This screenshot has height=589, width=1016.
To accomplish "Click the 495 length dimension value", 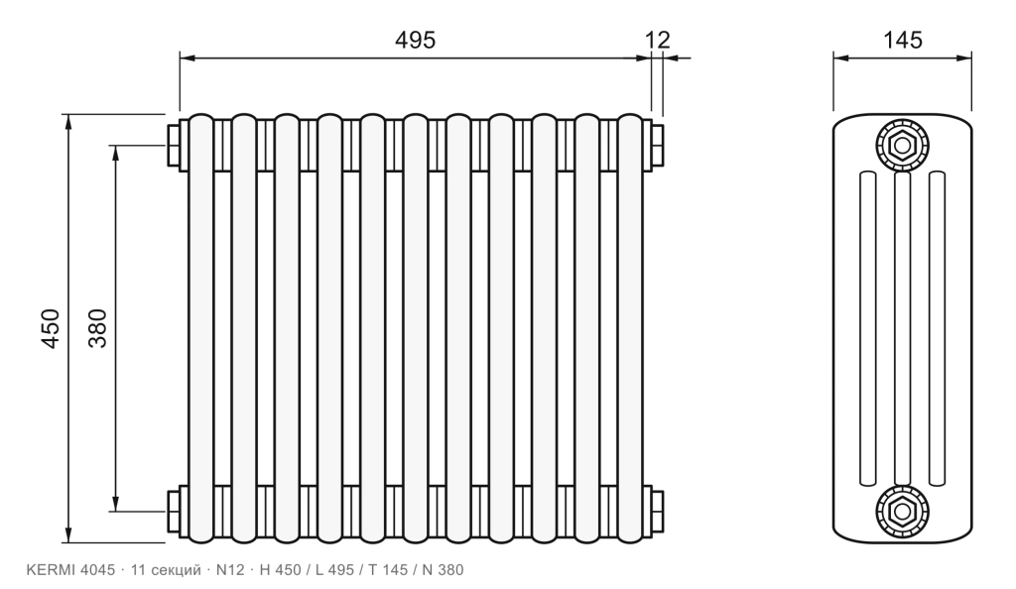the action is pos(416,40).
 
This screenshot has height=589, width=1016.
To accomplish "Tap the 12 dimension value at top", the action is pos(658,40).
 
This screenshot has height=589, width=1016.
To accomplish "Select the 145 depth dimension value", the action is pos(903,40).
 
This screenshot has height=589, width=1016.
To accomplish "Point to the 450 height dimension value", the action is pos(50,329).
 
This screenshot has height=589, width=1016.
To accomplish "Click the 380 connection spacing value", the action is pos(97,329).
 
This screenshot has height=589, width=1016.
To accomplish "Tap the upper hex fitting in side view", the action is pos(902,146).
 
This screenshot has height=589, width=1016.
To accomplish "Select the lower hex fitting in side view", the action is pos(902,511).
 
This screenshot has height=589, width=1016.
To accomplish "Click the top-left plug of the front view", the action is pos(174,145).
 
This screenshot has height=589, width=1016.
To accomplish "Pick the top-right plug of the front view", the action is pos(657,145).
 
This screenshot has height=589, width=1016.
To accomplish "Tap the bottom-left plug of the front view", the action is pos(174,512).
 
